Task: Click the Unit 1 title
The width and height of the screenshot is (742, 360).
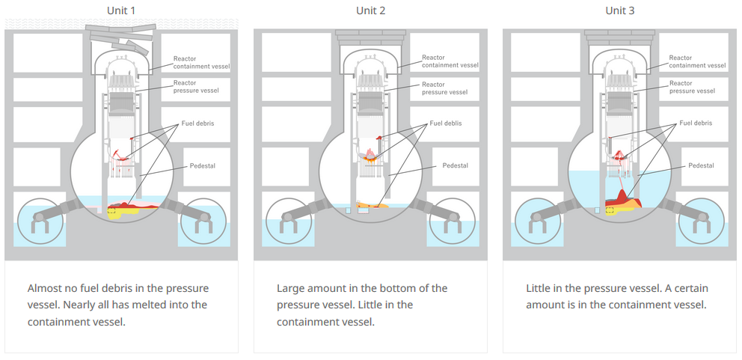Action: coord(121,10)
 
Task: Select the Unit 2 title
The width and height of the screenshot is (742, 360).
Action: coord(370,10)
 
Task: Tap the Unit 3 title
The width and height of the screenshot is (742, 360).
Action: coord(619,10)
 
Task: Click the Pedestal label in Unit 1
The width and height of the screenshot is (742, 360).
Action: coord(203,165)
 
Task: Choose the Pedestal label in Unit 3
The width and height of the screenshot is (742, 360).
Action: coord(701,165)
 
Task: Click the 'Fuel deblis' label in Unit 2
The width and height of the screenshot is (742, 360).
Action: coord(446,123)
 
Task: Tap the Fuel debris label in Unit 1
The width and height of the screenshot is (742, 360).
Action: coord(197,123)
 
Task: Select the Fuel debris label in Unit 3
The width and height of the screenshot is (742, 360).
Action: coord(695,123)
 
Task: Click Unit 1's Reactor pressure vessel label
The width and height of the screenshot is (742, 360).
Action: coord(196,87)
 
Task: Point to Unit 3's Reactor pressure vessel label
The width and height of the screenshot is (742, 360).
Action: coord(691,87)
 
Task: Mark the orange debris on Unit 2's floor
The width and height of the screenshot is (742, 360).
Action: coord(371,204)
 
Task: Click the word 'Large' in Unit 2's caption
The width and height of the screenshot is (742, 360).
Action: coord(292,288)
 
